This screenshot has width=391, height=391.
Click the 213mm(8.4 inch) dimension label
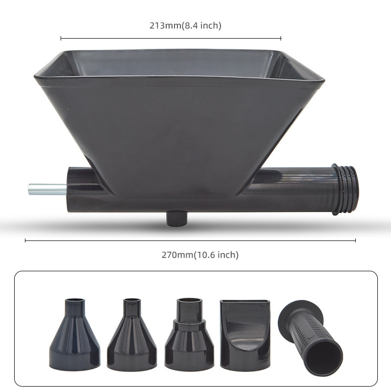point(185,25)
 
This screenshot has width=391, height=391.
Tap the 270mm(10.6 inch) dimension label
point(200,255)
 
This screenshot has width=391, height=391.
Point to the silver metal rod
point(47,189)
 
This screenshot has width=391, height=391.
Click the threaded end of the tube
point(346,189)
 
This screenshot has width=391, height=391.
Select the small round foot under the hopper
point(176,218)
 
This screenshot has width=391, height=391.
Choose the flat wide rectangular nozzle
point(245,335)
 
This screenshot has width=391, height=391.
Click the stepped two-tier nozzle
point(189,334)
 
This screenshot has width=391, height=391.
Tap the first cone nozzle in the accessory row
point(75,334)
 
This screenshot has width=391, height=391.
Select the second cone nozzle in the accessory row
point(132,335)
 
